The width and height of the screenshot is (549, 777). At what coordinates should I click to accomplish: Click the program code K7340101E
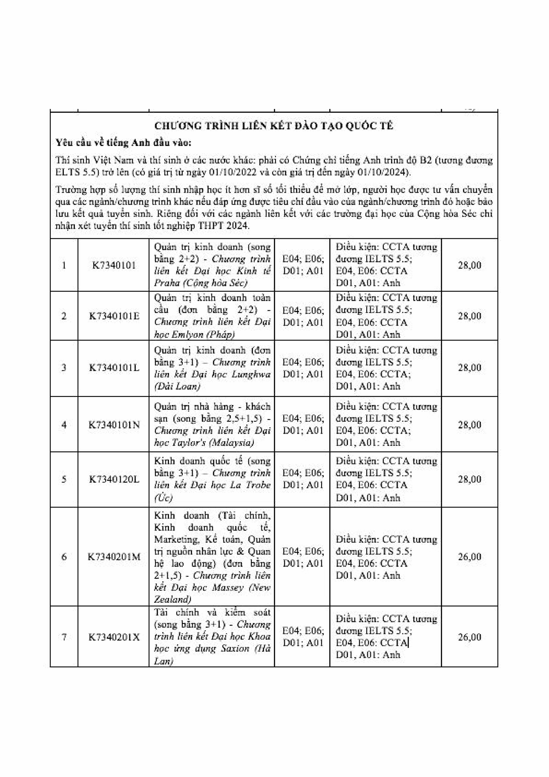point(114,316)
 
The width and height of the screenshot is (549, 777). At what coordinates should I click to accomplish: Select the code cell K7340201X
point(114,637)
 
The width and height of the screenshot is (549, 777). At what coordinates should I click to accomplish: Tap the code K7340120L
point(114,479)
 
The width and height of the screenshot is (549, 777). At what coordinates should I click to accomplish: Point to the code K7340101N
point(114,424)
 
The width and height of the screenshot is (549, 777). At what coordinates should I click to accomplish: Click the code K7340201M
point(114,557)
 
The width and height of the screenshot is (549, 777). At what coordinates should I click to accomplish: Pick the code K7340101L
point(114,368)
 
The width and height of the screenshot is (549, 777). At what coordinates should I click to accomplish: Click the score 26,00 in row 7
point(469,637)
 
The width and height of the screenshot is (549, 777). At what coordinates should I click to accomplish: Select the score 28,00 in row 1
point(469,265)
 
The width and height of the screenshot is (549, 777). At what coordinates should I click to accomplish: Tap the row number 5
point(64,479)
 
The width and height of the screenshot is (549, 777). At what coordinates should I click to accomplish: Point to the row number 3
point(64,368)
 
